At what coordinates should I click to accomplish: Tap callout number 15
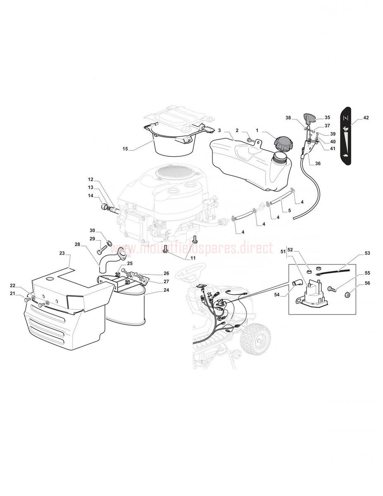(x=125, y=149)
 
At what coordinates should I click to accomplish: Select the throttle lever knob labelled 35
(x=309, y=119)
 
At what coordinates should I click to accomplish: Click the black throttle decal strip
(x=345, y=136)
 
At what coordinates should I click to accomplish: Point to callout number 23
(x=62, y=253)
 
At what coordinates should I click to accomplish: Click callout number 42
(x=366, y=118)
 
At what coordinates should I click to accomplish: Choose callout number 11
(x=193, y=258)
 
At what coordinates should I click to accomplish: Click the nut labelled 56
(x=347, y=296)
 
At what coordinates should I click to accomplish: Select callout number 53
(x=367, y=253)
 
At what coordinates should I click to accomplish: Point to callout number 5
(x=290, y=210)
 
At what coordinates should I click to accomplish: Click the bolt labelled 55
(x=331, y=289)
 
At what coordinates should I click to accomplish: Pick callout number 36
(x=318, y=163)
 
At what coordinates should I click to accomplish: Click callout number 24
(x=166, y=290)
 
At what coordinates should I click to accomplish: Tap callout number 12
(x=91, y=179)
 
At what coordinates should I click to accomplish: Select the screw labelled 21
(x=27, y=299)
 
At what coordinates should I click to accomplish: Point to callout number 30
(x=92, y=230)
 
